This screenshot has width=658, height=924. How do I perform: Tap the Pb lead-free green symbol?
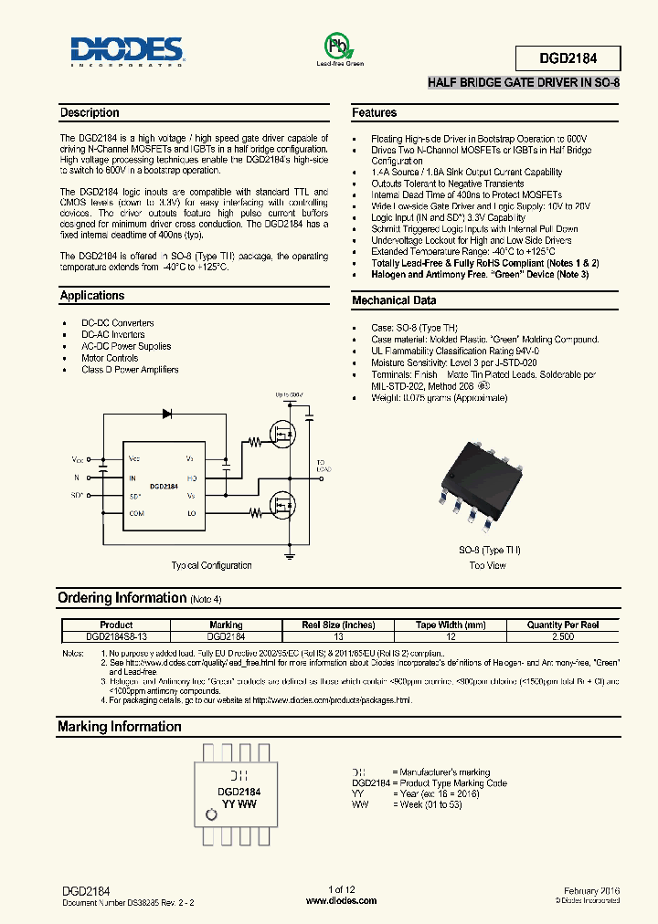339,47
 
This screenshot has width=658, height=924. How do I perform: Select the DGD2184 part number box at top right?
568,58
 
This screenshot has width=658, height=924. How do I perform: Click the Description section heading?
90,113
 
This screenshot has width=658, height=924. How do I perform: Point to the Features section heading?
375,113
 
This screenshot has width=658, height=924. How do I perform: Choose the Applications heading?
92,296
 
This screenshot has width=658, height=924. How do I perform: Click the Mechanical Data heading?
394,300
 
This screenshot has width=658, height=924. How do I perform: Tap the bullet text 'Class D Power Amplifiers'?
130,370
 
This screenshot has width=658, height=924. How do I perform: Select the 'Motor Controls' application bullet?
110,358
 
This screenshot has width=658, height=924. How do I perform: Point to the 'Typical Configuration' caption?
211,565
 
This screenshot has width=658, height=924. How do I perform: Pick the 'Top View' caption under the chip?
487,565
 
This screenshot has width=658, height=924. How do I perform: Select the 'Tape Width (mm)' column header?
451,625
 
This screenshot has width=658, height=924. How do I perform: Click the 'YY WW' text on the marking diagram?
239,805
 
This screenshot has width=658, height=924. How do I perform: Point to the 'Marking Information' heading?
120,727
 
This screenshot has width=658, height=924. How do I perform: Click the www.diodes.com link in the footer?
341,900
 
